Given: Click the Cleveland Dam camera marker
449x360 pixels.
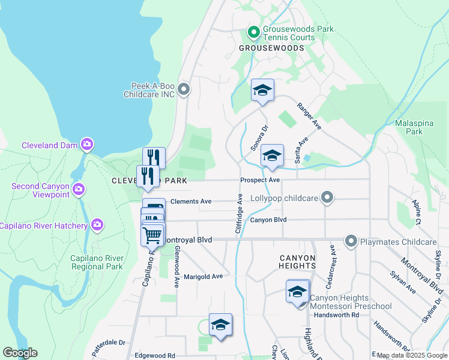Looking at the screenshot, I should coord(88,145).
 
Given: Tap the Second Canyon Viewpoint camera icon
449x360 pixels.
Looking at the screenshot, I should coord(79,190).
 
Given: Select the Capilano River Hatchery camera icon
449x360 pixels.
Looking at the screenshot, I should coord(97,225).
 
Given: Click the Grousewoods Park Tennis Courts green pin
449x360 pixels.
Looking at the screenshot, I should coord(253,32).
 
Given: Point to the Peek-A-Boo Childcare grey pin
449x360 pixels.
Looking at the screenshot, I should coord(184,90).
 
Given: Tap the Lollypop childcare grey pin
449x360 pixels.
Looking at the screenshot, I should coord(327,197).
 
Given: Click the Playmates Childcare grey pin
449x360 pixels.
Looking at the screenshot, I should coord(351,242).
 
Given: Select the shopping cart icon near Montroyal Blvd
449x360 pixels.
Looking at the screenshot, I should coord(152,235).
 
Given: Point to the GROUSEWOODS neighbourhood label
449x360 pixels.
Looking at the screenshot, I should coord(271,47).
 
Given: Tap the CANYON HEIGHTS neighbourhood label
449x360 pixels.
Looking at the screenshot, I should coord(297,261).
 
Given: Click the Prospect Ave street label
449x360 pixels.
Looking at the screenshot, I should coord(260,180).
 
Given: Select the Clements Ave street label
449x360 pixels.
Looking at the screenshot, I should coord(191,202).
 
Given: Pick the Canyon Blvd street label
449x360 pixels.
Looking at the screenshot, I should coord(268,220).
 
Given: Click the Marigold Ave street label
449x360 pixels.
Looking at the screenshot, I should coord(203,277).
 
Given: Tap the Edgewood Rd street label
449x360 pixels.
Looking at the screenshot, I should coord(155,355).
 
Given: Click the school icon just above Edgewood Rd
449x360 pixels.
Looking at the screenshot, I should coord(220,325).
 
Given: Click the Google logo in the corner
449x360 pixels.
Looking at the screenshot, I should coord(20,353).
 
